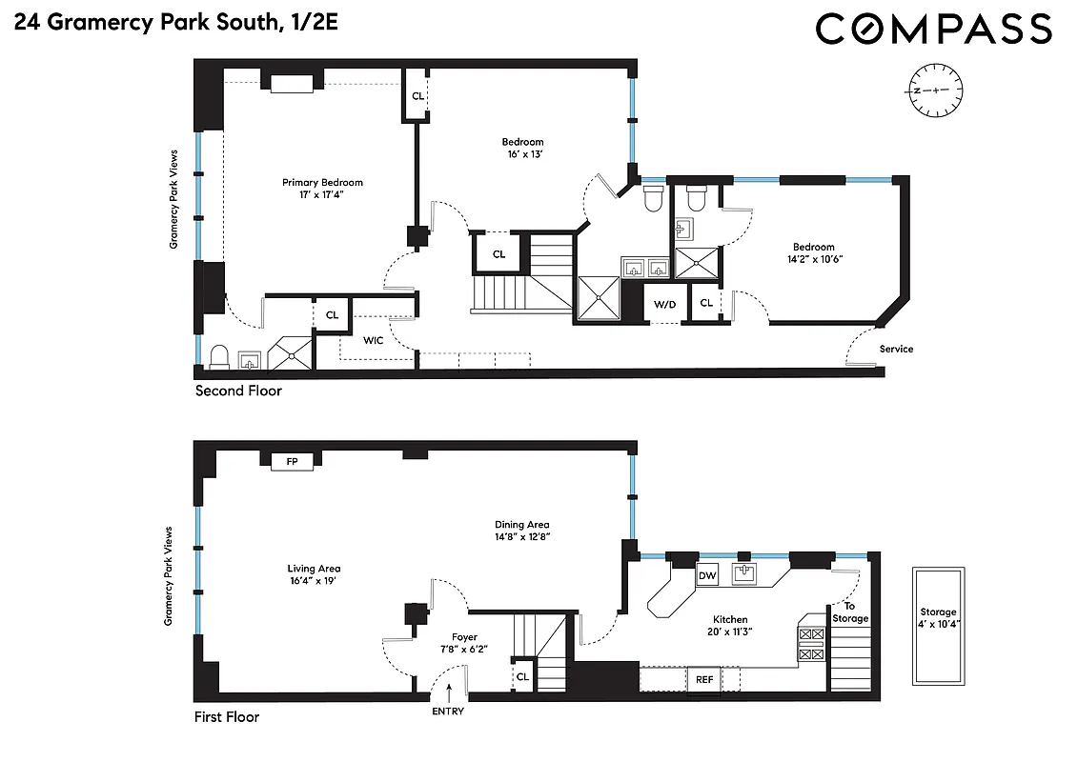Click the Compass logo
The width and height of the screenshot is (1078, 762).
pos(933,29)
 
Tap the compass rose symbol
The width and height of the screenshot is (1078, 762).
pos(935,90)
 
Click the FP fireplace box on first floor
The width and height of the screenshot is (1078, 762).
pos(292,462)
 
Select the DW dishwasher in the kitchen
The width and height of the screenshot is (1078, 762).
pos(707,575)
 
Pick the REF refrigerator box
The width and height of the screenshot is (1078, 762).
pos(703,680)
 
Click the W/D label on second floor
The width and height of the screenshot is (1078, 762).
pos(664,306)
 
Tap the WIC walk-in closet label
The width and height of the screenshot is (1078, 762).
pos(372,339)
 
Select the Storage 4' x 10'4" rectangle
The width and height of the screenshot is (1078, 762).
pos(938,626)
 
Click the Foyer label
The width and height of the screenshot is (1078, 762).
pos(464,637)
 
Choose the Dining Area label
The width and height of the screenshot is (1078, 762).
pos(521,525)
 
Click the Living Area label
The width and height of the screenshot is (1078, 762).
pos(314,569)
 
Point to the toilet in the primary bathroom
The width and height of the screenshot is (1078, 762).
pos(217,356)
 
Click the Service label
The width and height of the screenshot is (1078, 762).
pos(896,349)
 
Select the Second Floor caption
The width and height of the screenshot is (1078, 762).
pos(238,391)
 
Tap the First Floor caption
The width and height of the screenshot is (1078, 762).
pos(226,717)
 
